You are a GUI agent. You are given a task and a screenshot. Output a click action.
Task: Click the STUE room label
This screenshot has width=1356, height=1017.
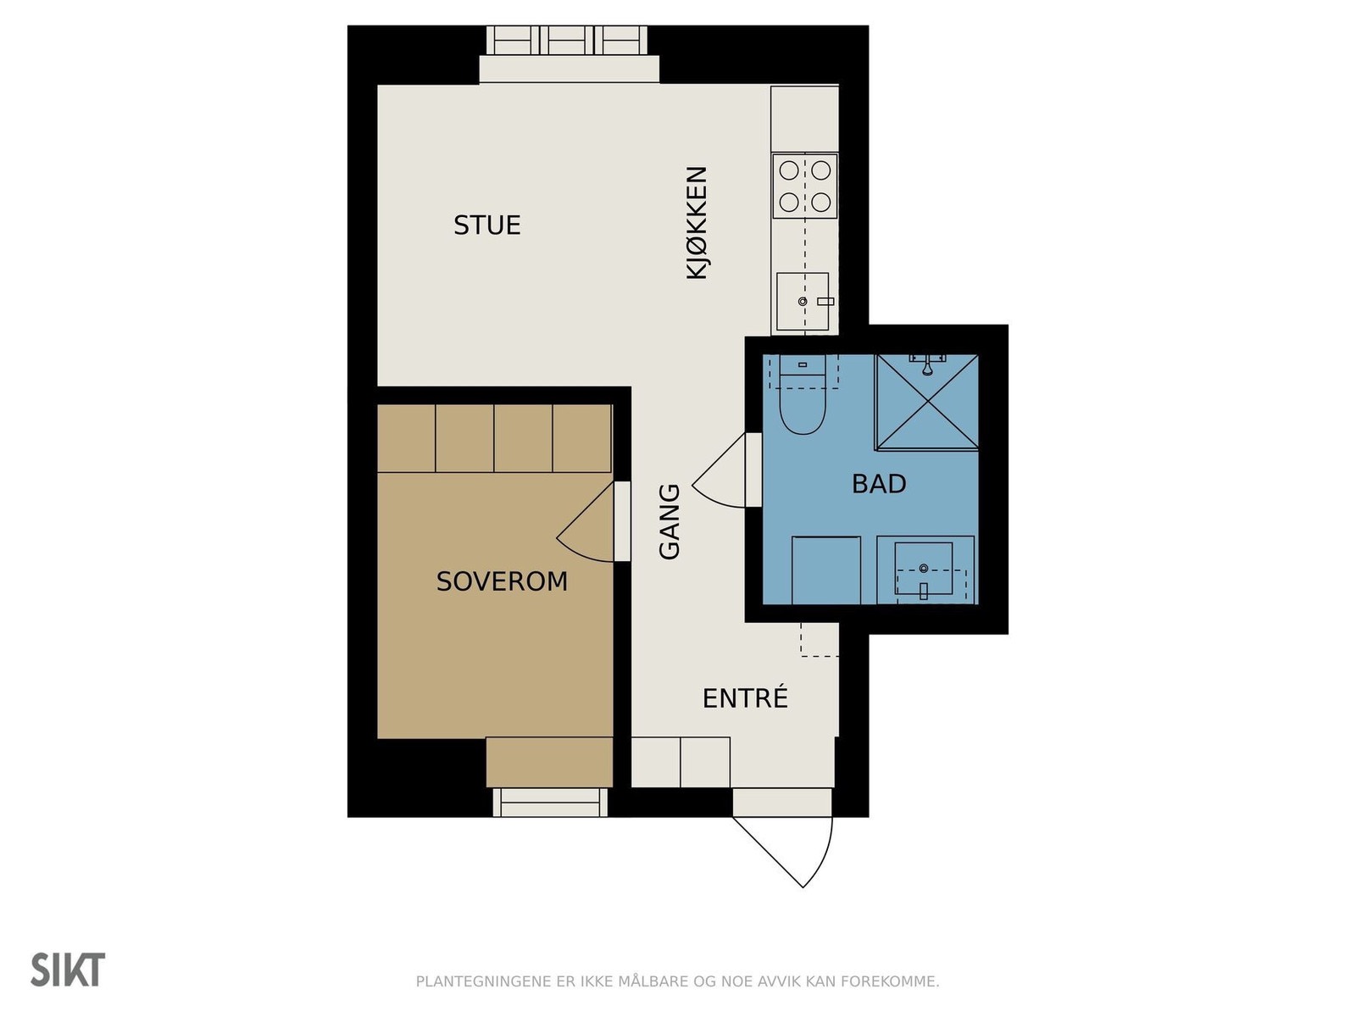486,225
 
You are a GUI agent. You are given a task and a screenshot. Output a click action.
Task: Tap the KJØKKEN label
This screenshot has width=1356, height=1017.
697,223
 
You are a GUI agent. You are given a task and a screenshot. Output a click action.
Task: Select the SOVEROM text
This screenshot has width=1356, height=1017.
502,581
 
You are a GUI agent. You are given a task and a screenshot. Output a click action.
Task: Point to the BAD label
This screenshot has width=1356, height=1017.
879,484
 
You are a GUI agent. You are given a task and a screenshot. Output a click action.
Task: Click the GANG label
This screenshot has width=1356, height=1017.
669,522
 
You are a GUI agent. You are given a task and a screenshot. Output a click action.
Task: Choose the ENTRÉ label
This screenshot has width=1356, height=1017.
745,697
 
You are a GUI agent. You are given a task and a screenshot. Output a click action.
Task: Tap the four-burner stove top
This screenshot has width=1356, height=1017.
804,186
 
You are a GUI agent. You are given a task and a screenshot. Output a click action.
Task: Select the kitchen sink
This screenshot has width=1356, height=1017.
803,302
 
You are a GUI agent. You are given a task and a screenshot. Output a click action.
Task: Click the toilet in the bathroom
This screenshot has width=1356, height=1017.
803,394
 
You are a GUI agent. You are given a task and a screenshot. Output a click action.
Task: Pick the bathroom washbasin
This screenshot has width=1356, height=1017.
924,570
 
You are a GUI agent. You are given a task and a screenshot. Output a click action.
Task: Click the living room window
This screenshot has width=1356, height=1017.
566,41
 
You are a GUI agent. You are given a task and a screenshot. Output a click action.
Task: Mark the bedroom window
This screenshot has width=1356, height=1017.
550,802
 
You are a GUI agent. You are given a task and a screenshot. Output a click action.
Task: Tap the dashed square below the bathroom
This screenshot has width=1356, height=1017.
820,639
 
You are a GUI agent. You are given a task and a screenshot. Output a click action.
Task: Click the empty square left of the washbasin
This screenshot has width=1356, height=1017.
826,570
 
